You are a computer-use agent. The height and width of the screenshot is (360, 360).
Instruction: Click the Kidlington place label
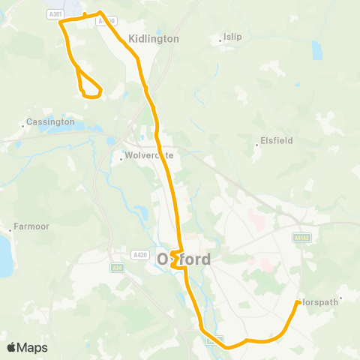(x=154, y=38)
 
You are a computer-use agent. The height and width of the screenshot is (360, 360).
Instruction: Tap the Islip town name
(x=232, y=37)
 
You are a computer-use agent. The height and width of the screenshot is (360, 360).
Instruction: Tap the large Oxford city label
(x=184, y=258)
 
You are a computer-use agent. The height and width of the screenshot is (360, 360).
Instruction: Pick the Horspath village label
(x=320, y=301)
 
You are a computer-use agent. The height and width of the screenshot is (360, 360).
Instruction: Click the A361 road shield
(x=54, y=13)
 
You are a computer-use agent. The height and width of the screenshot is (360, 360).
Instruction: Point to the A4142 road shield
(x=301, y=237)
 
